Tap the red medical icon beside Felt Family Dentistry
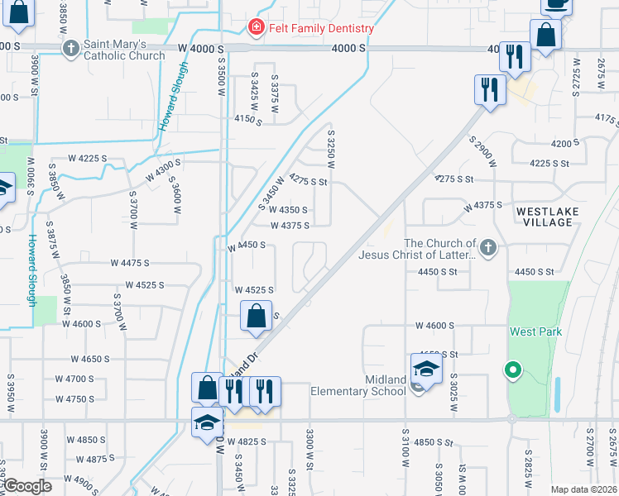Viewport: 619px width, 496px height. pos(257,28)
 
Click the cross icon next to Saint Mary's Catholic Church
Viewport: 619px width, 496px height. pos(71,49)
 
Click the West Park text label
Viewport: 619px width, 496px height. pos(535,331)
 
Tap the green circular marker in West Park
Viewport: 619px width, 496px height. pos(513,371)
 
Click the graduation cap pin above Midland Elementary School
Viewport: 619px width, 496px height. pos(426,368)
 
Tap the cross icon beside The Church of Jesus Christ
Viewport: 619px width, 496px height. pos(489,246)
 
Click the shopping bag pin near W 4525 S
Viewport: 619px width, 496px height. pos(257,316)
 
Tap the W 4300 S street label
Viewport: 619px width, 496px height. pos(163,171)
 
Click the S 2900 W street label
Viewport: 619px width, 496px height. pos(482,153)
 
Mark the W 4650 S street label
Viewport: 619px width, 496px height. pos(90,359)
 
